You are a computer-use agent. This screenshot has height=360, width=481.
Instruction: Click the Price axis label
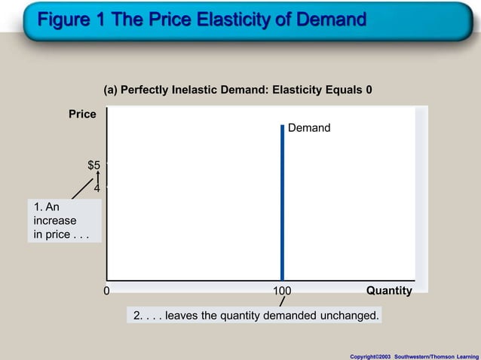tap(83, 114)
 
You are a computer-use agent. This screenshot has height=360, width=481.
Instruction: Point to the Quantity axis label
tap(389, 291)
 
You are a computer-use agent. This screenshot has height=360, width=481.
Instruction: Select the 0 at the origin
tap(106, 291)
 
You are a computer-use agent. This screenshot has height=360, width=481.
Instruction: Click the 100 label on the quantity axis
tap(282, 291)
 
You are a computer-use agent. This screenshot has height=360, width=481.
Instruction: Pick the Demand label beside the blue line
tap(309, 128)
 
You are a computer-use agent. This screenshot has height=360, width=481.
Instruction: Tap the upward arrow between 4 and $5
tap(98, 178)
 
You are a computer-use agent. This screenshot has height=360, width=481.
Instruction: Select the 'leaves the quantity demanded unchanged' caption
tap(256, 315)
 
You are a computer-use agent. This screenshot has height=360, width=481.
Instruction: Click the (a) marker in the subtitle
tap(111, 90)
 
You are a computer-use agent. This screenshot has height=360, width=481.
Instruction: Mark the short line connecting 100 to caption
tap(281, 302)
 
